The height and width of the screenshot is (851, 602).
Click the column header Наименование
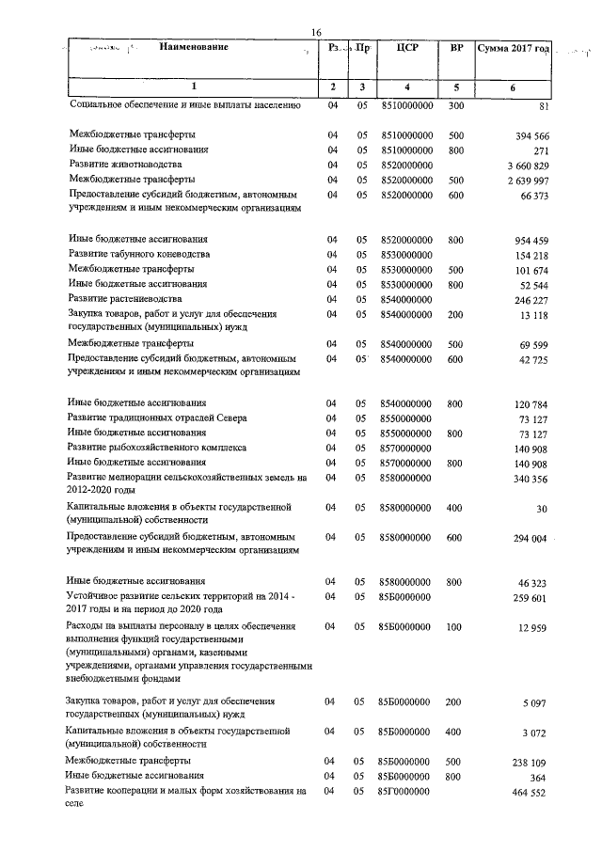(193, 47)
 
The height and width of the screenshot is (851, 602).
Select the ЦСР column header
(406, 47)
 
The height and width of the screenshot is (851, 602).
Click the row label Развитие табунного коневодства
(139, 254)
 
